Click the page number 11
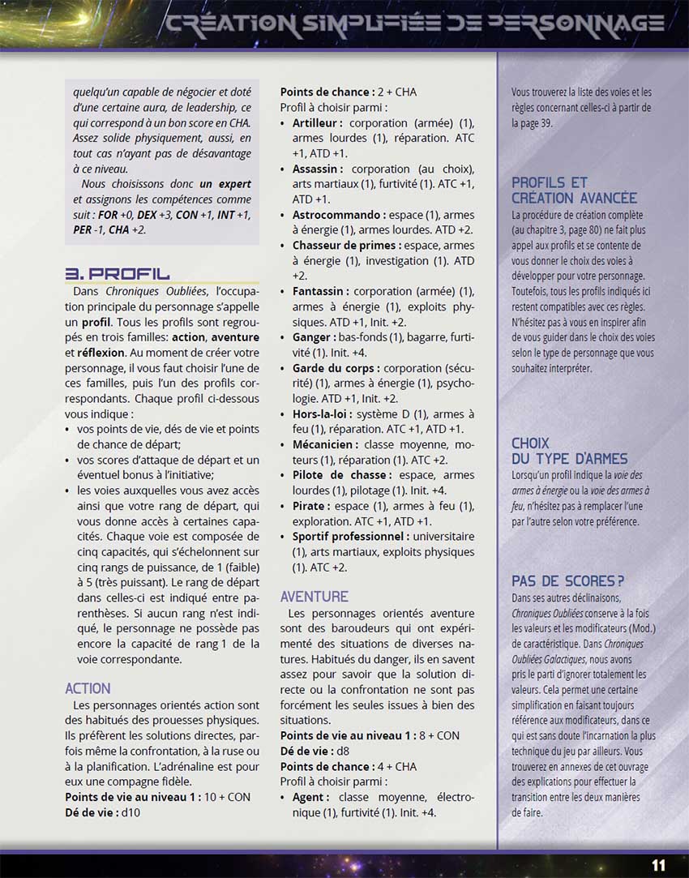coord(658,865)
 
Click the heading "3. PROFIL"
coord(117,273)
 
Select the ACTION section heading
coord(88,688)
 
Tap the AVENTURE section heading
coord(315,597)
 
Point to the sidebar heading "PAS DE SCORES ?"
coord(567,581)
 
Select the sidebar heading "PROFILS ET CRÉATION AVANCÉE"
coord(575,190)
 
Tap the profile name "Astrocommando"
coord(338,215)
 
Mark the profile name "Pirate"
coord(310,506)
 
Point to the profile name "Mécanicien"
coord(324,444)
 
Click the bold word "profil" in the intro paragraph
coord(96,322)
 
